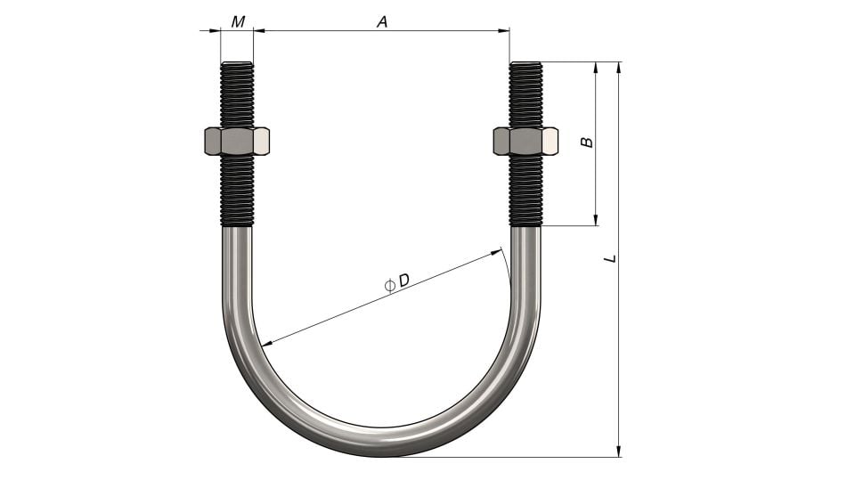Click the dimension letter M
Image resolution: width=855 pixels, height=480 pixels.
(238, 21)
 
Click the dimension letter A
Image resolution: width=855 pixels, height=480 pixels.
(382, 21)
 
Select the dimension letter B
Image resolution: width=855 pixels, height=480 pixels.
(586, 142)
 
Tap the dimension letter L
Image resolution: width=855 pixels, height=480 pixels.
(609, 258)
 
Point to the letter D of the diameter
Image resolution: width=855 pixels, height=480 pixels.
(403, 281)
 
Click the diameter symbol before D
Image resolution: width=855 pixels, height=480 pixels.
(389, 285)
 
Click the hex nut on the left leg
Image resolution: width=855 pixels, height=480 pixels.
(237, 141)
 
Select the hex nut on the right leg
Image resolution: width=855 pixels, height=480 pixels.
(525, 141)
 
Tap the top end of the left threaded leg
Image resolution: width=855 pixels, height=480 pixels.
(237, 64)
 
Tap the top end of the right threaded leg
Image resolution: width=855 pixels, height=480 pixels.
(525, 64)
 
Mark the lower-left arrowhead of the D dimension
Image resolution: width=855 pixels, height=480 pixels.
(265, 343)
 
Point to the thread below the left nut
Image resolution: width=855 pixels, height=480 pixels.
(237, 191)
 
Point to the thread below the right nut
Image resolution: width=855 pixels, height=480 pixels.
(525, 191)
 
